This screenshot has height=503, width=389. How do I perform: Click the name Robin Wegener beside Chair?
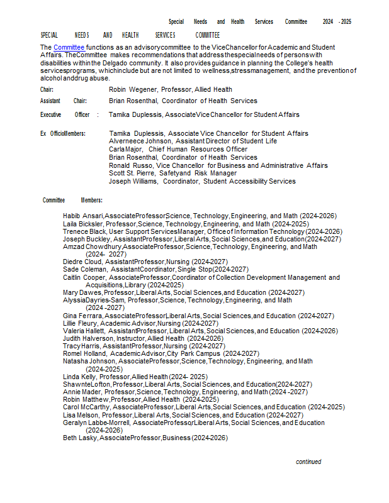pyautogui.click(x=132, y=90)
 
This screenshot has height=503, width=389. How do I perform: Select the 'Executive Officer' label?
pyautogui.click(x=65, y=115)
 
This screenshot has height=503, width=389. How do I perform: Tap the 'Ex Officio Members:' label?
pyautogui.click(x=63, y=134)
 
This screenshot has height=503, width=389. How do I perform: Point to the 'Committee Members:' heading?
pyautogui.click(x=72, y=201)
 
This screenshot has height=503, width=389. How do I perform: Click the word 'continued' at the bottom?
pyautogui.click(x=308, y=462)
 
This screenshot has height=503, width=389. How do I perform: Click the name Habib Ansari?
pyautogui.click(x=83, y=216)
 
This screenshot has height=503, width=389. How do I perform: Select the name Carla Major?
pyautogui.click(x=125, y=150)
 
